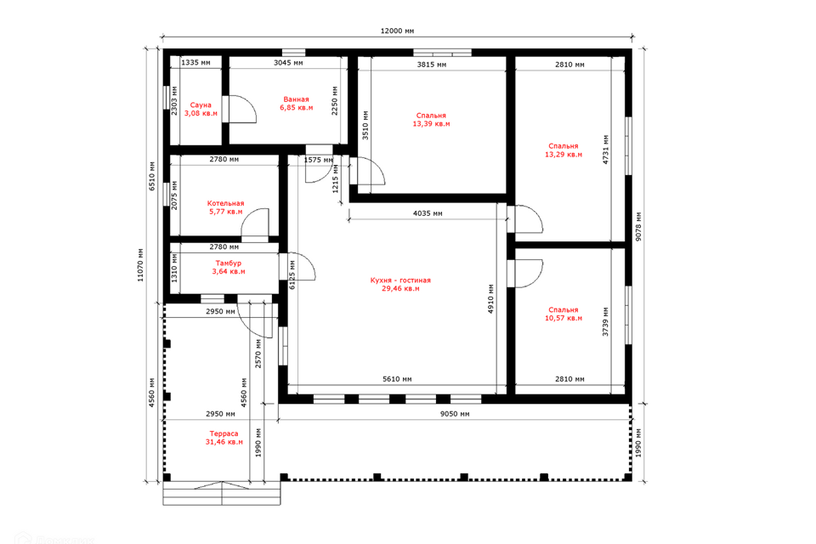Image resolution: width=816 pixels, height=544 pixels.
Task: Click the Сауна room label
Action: tap(201, 105)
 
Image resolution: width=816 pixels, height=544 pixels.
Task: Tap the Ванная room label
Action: tap(296, 99)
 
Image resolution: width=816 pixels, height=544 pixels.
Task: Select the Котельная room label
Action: tap(225, 203)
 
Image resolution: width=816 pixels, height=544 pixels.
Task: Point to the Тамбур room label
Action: tap(229, 263)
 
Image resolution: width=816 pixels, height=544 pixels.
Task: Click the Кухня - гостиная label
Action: tap(400, 280)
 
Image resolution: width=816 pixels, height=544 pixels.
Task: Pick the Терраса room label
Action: tap(224, 433)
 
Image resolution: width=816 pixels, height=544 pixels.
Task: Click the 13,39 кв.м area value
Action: tap(432, 124)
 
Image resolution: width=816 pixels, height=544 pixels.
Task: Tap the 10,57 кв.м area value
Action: tap(564, 318)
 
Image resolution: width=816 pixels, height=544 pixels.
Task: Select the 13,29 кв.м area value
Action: tap(564, 155)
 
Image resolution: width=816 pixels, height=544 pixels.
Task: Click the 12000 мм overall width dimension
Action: tap(397, 31)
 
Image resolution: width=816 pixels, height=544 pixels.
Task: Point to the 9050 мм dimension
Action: tap(455, 415)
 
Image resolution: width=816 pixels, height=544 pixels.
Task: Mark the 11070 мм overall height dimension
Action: tap(140, 265)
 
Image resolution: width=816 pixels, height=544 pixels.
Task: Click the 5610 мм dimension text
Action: tap(397, 379)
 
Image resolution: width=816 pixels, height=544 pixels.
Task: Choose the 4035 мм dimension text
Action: tap(428, 213)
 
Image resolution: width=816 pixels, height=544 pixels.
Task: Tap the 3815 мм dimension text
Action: tap(432, 65)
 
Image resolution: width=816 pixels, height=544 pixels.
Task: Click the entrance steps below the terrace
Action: tap(222, 494)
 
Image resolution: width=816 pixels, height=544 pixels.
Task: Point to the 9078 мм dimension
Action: tap(638, 226)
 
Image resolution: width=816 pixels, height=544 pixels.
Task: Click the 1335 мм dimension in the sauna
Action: tap(195, 62)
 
